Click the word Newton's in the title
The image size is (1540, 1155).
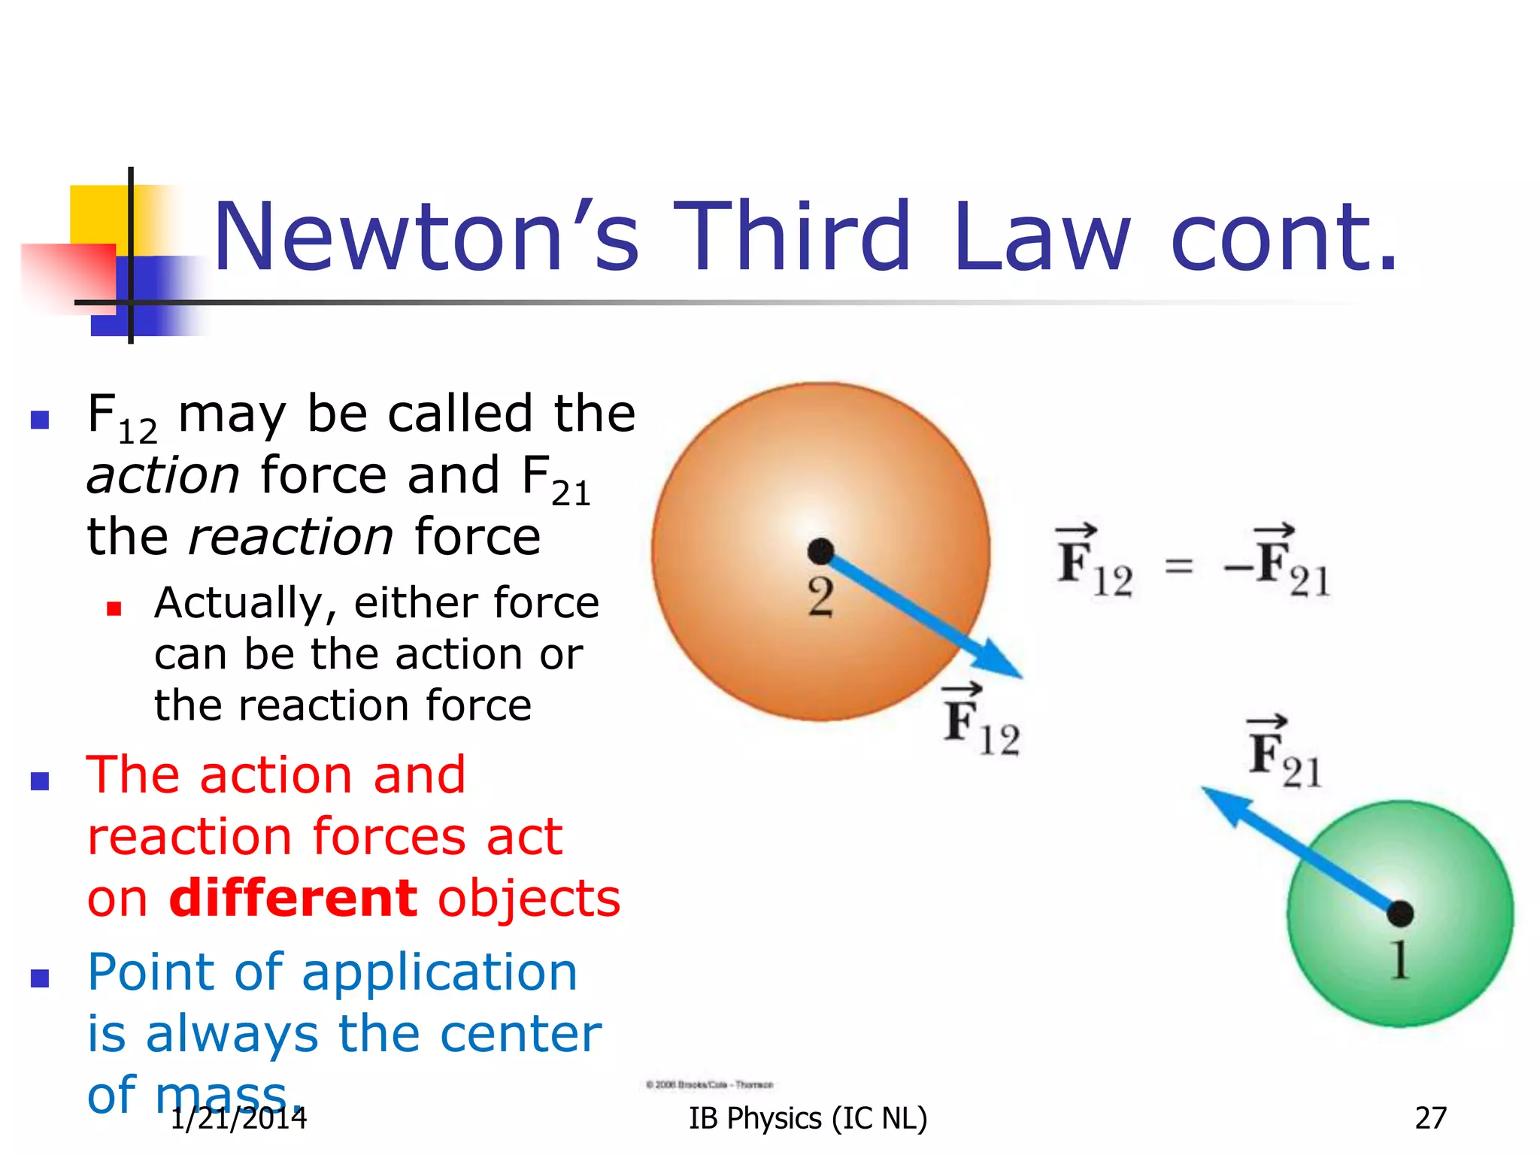[x=426, y=237]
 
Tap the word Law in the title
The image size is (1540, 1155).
[x=1041, y=237]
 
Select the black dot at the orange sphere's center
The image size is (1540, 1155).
[x=820, y=551]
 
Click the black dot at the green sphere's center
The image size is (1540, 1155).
[x=1399, y=914]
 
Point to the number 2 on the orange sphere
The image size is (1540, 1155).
[x=820, y=598]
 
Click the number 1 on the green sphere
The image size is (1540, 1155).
[x=1399, y=960]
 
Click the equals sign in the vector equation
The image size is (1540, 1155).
[x=1178, y=565]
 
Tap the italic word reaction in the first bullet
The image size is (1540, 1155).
[x=290, y=537]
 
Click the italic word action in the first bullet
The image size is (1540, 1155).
[x=163, y=476]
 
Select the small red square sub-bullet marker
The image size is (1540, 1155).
[x=114, y=608]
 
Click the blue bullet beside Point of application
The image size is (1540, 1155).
[x=40, y=978]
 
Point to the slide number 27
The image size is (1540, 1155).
[x=1430, y=1118]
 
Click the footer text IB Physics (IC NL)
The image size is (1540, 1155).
[x=808, y=1118]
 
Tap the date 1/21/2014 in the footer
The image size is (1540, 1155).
[x=239, y=1118]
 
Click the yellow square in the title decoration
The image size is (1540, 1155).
[x=98, y=214]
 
